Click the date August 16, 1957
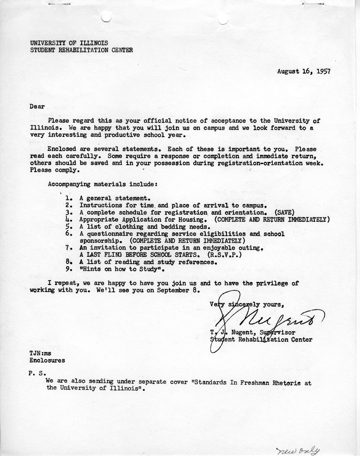click(x=304, y=71)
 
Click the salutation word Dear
click(x=37, y=107)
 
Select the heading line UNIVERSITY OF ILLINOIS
click(x=69, y=43)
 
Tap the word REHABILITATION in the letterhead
click(x=77, y=50)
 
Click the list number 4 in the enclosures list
click(x=68, y=220)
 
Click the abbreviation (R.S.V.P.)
click(x=225, y=255)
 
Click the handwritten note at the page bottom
click(x=298, y=451)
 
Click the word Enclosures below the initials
click(x=47, y=361)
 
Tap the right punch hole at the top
click(x=223, y=19)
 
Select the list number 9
click(x=68, y=269)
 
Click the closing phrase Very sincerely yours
click(x=247, y=304)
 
